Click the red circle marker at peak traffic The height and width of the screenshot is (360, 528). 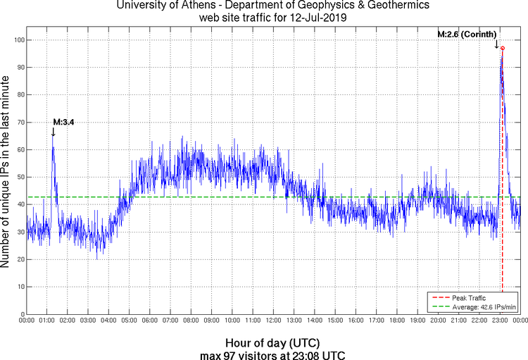[503, 48]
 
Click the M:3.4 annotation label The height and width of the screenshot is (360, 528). [63, 122]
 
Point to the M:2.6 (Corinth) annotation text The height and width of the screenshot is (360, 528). [467, 35]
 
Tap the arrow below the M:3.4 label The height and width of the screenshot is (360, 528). [54, 132]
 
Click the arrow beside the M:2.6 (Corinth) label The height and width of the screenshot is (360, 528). [496, 44]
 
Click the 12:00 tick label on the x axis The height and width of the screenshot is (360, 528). [273, 321]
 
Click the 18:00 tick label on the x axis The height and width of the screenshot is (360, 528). [396, 321]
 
